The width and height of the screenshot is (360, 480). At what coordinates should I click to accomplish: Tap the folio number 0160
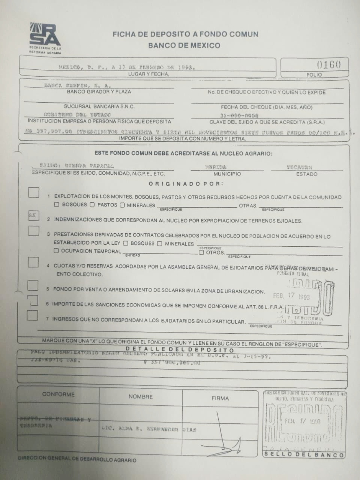[329, 64]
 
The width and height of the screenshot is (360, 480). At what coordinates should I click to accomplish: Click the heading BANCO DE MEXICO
[184, 45]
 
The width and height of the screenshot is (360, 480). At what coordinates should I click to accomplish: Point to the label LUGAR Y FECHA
[149, 74]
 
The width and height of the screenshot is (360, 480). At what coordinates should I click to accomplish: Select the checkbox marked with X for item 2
[33, 216]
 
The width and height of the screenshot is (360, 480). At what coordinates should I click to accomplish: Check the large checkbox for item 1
[33, 192]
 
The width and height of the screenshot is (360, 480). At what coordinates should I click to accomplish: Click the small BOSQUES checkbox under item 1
[57, 205]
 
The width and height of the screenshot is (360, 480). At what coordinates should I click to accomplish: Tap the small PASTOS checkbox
[92, 205]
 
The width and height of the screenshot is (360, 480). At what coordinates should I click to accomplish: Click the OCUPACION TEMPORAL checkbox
[57, 251]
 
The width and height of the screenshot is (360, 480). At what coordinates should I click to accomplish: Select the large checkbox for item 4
[33, 262]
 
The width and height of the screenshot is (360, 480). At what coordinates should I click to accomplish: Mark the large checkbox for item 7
[32, 315]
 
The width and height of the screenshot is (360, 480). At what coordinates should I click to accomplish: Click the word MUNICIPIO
[227, 174]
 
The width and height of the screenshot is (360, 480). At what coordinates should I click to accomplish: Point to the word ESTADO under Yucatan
[307, 174]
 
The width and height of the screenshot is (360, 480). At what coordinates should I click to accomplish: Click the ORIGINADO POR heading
[186, 184]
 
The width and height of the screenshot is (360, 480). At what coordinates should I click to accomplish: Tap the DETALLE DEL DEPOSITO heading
[180, 350]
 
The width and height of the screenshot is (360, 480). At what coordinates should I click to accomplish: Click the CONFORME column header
[58, 395]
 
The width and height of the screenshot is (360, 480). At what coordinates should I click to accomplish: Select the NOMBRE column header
[140, 397]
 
